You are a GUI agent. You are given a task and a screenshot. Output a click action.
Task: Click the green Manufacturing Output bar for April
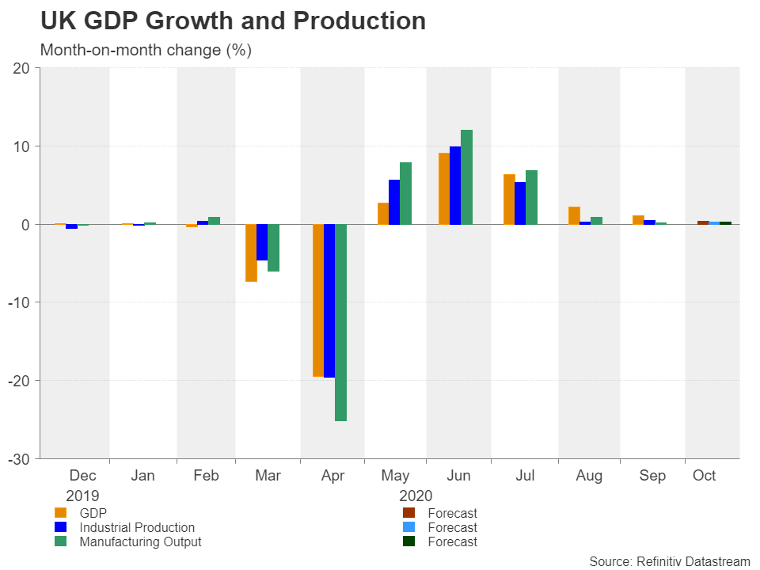coord(340,322)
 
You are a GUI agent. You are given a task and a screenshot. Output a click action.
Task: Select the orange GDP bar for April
coord(318,300)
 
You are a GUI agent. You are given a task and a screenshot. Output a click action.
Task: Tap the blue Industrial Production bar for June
coord(455,185)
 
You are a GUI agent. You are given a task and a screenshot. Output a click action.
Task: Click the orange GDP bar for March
coord(251,253)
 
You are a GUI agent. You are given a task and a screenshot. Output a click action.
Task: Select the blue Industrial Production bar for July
coord(520,203)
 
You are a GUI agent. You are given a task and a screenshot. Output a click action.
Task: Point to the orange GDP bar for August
coord(574,215)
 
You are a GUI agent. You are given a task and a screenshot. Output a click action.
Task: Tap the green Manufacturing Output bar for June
coord(466,177)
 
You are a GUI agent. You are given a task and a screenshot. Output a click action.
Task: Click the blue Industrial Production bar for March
coord(262,242)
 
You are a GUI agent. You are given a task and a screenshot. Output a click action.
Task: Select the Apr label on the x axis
coord(332,476)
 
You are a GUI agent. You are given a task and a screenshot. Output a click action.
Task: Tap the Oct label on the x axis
coord(704,476)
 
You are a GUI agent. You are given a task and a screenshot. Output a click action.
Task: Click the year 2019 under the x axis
coord(82,496)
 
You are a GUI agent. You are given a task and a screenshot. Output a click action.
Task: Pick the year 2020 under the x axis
coord(416,496)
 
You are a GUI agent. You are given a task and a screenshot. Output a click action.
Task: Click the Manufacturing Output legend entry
coord(140,542)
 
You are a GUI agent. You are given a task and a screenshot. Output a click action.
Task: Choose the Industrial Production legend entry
coord(136,527)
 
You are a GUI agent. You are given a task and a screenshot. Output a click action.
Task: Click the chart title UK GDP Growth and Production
coord(233,21)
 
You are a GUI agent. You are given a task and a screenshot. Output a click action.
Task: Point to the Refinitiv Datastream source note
coord(669,561)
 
